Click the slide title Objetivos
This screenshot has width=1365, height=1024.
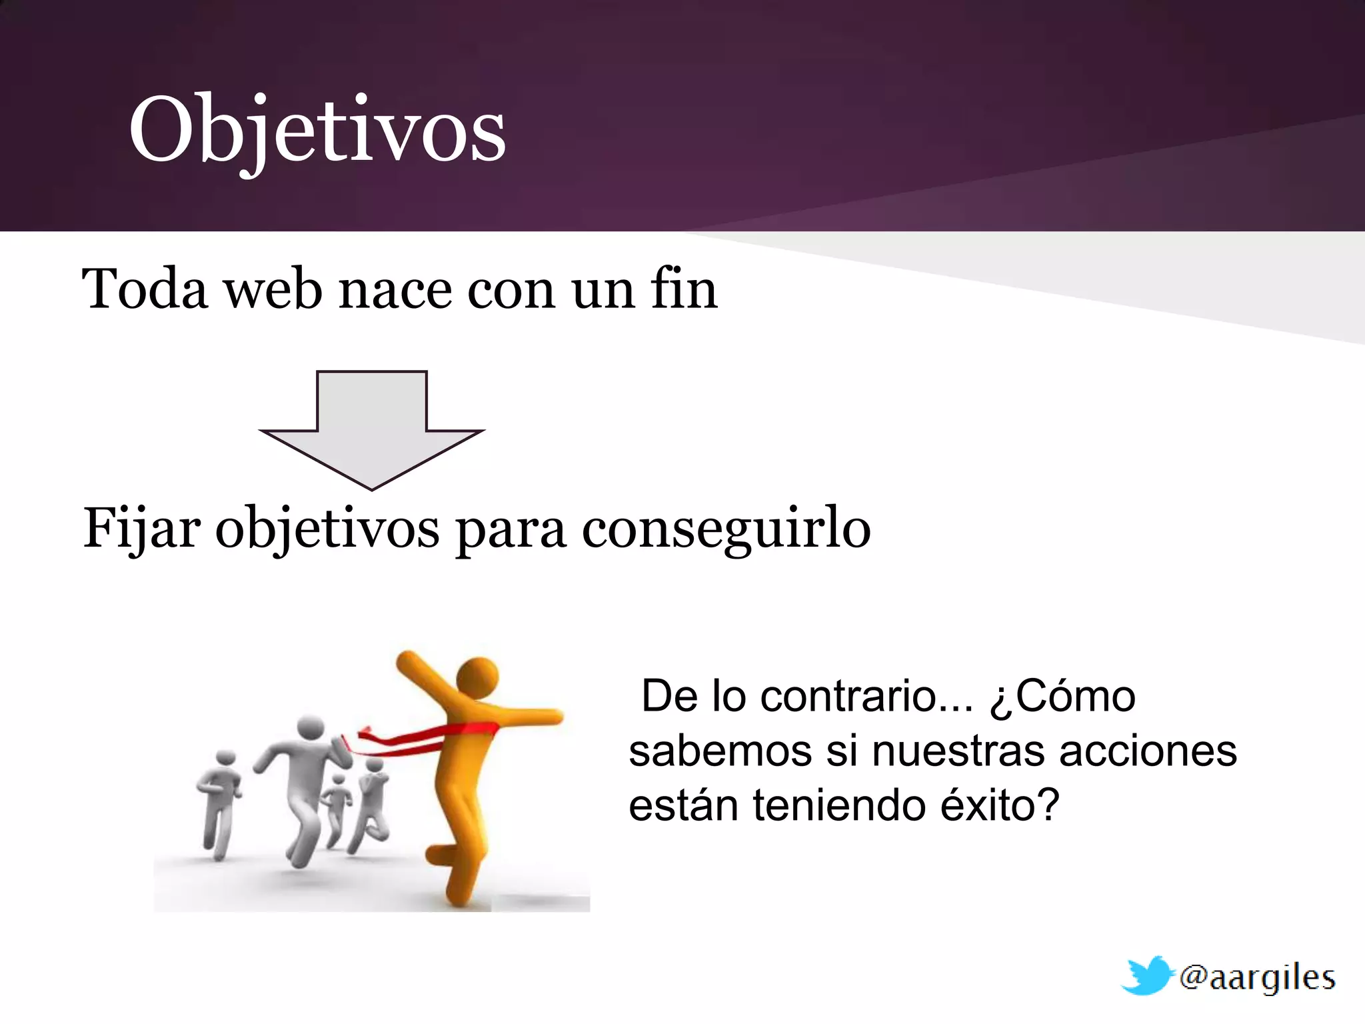coord(317,130)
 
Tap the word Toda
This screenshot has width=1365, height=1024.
coord(145,289)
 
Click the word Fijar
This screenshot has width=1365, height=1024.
coord(141,529)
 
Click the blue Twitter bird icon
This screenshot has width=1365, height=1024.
coord(1146,975)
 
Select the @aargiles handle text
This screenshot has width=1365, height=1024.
coord(1257,978)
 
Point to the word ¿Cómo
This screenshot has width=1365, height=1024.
coord(1062,697)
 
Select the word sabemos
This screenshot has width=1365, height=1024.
coord(720,751)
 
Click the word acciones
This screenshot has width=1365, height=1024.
coord(1148,751)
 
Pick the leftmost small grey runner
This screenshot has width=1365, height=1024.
coord(220,800)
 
